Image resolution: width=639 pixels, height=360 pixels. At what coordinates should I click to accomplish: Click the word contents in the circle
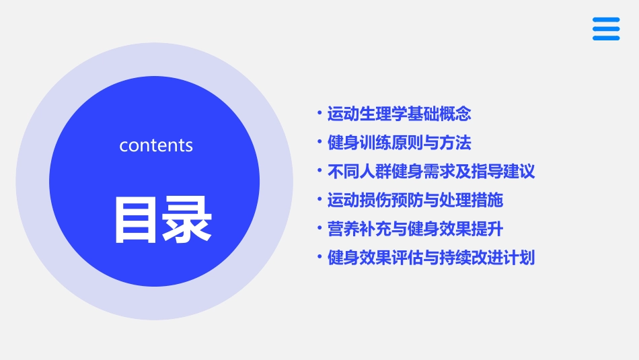coord(156,145)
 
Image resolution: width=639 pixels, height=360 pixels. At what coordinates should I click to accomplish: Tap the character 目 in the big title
coord(137,219)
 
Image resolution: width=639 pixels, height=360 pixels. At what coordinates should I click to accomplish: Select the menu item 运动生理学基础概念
coord(399,114)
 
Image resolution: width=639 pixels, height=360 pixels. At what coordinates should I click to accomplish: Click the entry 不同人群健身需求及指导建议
coord(430,171)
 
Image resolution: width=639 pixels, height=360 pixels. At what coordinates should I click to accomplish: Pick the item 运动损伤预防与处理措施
coord(415,200)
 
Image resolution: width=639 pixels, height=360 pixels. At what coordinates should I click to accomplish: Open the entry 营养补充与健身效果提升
coord(415,229)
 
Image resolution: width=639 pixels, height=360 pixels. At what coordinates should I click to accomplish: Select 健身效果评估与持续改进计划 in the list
coord(430,258)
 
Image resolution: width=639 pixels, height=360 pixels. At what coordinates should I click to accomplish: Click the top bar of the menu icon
coord(606,20)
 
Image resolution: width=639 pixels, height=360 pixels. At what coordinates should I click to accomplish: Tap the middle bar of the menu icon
coord(606,29)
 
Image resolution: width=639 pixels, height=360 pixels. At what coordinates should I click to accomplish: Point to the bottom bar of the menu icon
coord(606,38)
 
